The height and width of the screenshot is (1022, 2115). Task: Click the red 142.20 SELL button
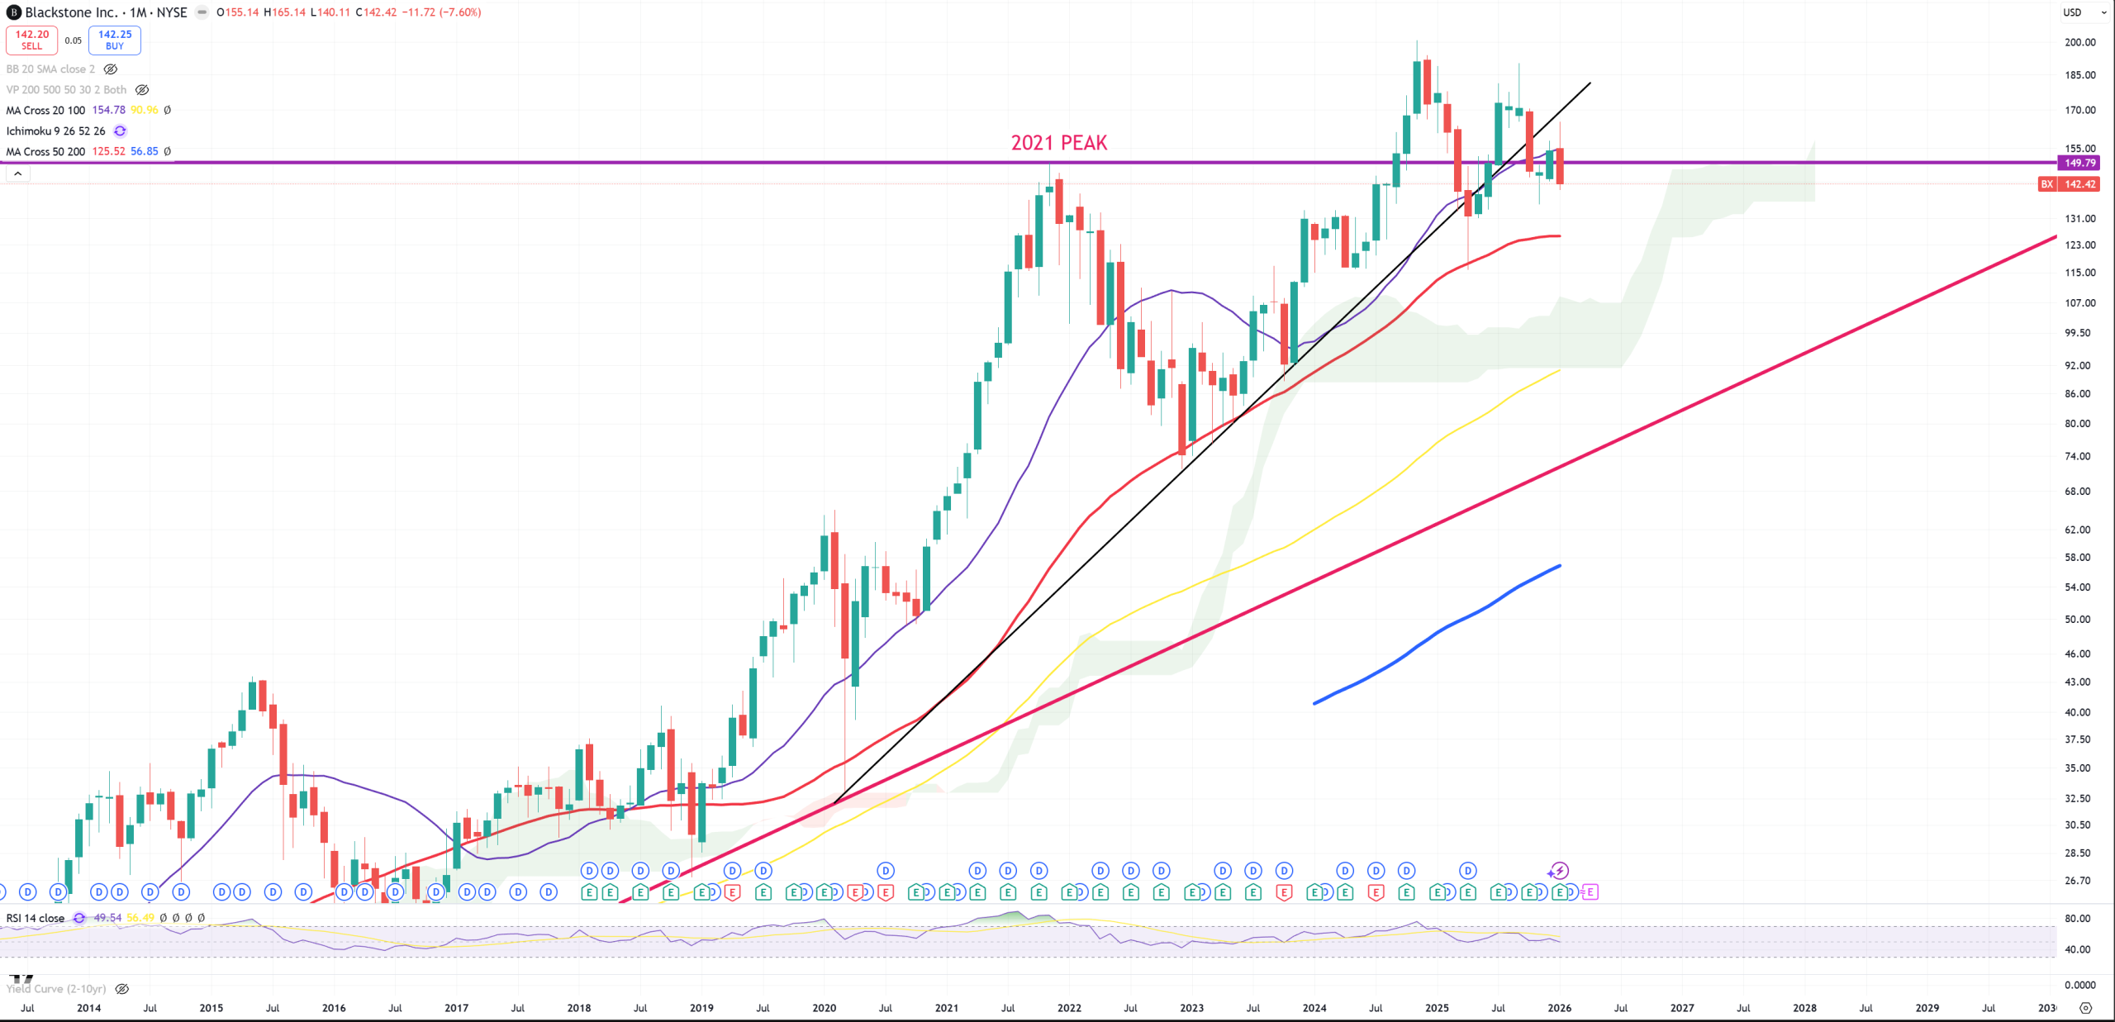coord(31,40)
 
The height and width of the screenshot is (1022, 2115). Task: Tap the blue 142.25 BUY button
coord(115,40)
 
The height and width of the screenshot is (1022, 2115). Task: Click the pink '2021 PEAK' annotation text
coord(1058,143)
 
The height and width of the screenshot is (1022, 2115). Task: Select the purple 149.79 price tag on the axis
coord(2079,163)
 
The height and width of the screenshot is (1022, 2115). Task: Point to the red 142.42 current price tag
coord(2079,184)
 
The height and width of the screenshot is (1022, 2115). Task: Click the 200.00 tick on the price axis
coord(2079,42)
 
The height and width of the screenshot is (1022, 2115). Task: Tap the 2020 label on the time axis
coord(824,1008)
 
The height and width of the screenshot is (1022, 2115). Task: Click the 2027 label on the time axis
coord(1681,1008)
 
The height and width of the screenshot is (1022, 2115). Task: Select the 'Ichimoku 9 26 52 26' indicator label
coord(55,131)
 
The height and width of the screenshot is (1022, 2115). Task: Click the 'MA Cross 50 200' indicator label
coord(45,151)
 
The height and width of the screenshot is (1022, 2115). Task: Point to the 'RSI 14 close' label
coord(36,918)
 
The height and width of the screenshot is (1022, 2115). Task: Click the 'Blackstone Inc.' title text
coord(71,12)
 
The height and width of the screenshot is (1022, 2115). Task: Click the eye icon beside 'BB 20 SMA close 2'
coord(111,69)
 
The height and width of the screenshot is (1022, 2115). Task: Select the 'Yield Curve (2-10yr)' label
coord(56,989)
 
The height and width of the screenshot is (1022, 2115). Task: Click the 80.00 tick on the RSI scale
coord(2077,918)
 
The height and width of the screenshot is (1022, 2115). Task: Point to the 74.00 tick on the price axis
coord(2077,456)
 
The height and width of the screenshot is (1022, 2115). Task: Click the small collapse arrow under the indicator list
coord(17,174)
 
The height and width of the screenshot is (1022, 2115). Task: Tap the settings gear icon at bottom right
coord(2085,1008)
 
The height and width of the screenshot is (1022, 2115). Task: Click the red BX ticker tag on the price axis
coord(2047,184)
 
